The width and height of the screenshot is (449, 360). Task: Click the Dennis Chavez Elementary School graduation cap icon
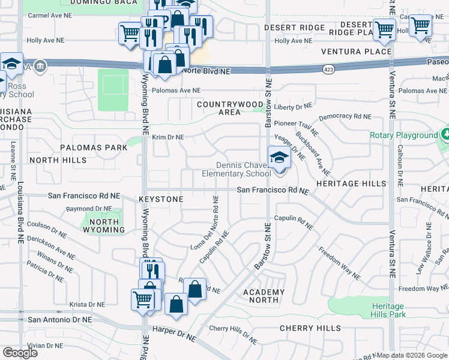pyautogui.click(x=279, y=158)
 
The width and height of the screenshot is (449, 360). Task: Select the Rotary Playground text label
pyautogui.click(x=404, y=136)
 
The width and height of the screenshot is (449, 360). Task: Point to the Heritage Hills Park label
pyautogui.click(x=388, y=310)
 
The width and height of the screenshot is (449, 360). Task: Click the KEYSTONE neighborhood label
pyautogui.click(x=161, y=199)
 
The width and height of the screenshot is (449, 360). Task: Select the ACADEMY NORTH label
pyautogui.click(x=264, y=296)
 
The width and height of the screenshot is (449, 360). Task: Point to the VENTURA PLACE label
pyautogui.click(x=356, y=52)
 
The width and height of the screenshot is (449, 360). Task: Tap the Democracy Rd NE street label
pyautogui.click(x=345, y=117)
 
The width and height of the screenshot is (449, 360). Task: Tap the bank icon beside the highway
pyautogui.click(x=40, y=65)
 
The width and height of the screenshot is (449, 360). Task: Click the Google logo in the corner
pyautogui.click(x=20, y=352)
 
